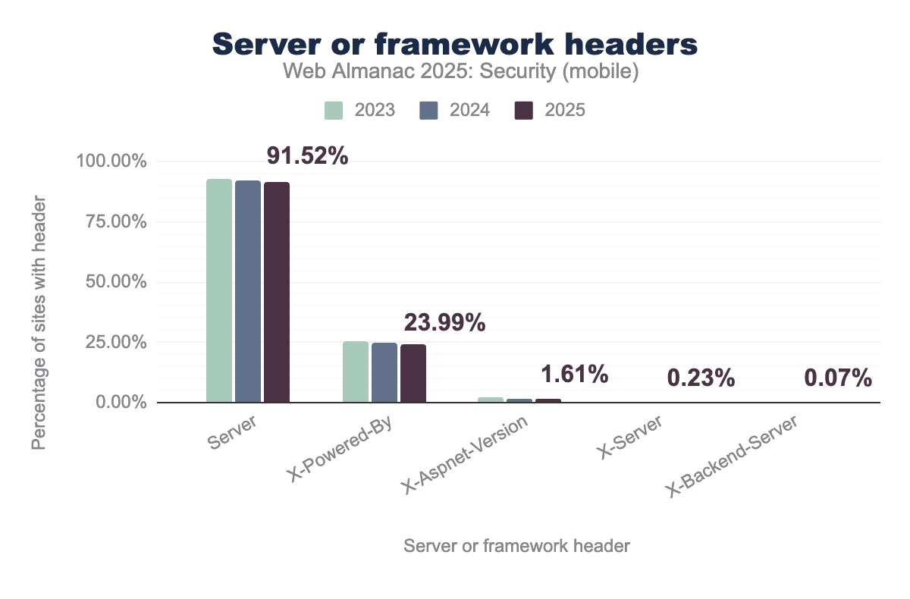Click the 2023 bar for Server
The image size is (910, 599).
(219, 291)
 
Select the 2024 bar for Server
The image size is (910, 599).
(248, 292)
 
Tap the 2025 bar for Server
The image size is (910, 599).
(277, 293)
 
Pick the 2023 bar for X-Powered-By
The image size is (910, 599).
(356, 372)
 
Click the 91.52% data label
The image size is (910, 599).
(307, 156)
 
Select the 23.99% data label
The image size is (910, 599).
(444, 323)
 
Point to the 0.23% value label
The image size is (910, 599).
(701, 378)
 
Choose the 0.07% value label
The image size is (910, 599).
(837, 378)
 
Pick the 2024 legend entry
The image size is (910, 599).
(455, 110)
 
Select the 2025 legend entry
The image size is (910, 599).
(550, 110)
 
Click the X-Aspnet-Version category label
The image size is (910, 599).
(465, 456)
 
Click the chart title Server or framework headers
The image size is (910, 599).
(455, 45)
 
